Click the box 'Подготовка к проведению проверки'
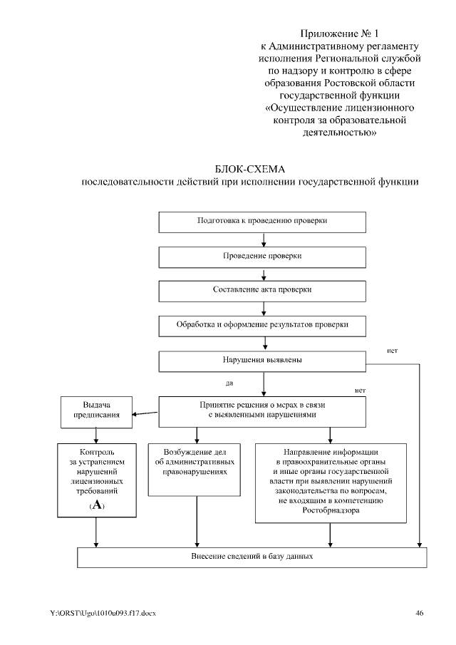pos(262,221)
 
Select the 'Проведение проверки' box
pos(262,256)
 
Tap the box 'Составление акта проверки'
pos(262,291)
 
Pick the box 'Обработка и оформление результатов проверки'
pos(262,325)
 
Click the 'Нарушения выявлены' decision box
pos(262,360)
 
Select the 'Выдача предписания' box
pos(96,411)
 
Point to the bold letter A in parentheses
pos(96,505)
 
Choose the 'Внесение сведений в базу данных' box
pos(252,556)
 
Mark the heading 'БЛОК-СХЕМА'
pos(249,169)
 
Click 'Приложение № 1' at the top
pos(335,33)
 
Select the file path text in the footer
pos(103,614)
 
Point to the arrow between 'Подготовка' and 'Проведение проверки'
pos(264,240)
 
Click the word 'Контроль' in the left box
pos(95,453)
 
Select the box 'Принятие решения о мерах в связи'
pos(262,411)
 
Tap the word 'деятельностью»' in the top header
pos(335,133)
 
